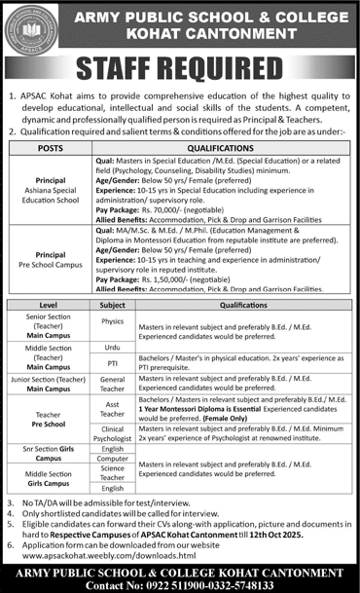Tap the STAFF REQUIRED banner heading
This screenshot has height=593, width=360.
(180, 68)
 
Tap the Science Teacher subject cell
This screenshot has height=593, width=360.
(113, 474)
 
